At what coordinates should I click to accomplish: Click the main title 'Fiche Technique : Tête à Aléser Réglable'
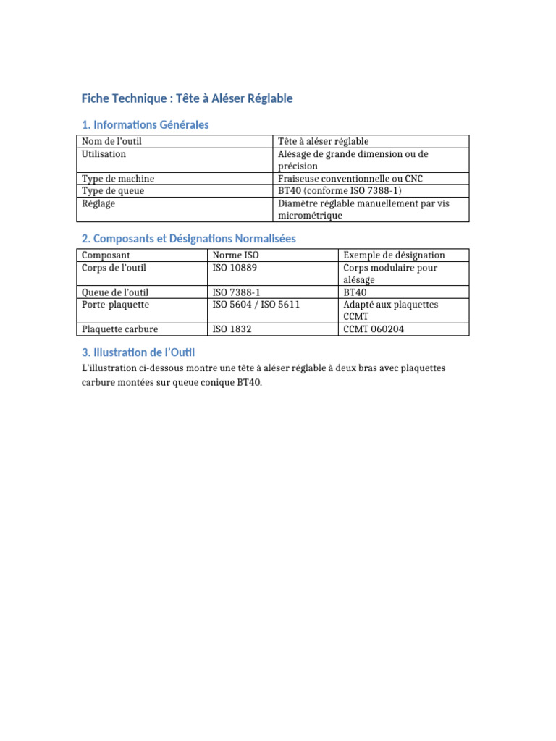(187, 98)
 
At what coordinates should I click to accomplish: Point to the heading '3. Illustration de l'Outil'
(138, 352)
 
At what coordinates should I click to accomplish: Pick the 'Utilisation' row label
(104, 154)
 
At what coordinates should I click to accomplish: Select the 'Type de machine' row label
(118, 179)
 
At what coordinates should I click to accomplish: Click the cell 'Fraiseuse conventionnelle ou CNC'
(350, 179)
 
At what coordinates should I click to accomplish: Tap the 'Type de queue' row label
(113, 191)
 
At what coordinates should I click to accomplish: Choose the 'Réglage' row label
(98, 203)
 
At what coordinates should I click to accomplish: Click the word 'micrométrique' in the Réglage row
(311, 216)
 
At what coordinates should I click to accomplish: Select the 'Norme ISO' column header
(235, 255)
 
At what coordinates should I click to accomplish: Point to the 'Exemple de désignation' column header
(395, 255)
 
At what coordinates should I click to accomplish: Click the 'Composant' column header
(106, 255)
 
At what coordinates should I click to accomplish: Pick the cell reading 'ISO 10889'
(235, 268)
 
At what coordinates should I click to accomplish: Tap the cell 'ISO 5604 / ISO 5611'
(256, 305)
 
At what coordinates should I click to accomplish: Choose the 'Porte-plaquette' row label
(115, 305)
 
